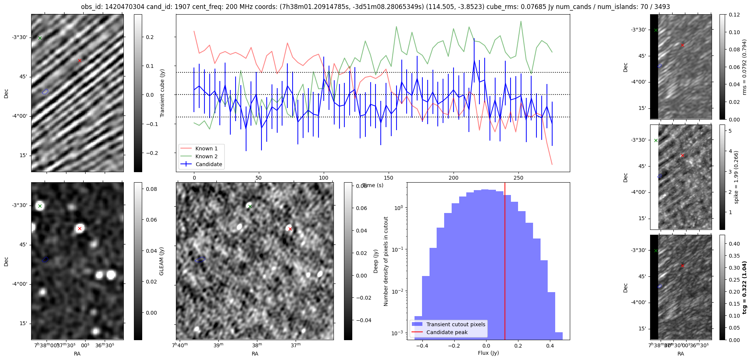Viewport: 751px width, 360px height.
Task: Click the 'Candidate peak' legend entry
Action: [x=447, y=332]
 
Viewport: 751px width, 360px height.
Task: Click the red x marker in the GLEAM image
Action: [x=80, y=228]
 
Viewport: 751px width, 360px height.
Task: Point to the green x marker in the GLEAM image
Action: [x=40, y=206]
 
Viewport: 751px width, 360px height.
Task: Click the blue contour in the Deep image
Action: [x=200, y=259]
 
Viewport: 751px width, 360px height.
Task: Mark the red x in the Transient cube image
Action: [x=80, y=60]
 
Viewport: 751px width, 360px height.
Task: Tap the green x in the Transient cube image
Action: [x=40, y=38]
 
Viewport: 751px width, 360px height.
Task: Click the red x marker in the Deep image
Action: [x=290, y=229]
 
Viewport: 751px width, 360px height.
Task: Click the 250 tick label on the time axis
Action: [x=518, y=178]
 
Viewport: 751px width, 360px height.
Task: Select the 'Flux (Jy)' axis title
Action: [x=488, y=353]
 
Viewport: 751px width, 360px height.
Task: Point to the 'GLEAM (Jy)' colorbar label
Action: [x=162, y=261]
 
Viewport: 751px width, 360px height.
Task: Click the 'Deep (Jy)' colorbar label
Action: [x=375, y=261]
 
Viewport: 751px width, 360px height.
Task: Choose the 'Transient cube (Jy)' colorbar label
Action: [x=162, y=93]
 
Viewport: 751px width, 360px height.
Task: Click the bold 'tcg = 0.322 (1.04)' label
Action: [x=745, y=287]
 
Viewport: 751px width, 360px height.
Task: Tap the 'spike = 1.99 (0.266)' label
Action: [x=736, y=177]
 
